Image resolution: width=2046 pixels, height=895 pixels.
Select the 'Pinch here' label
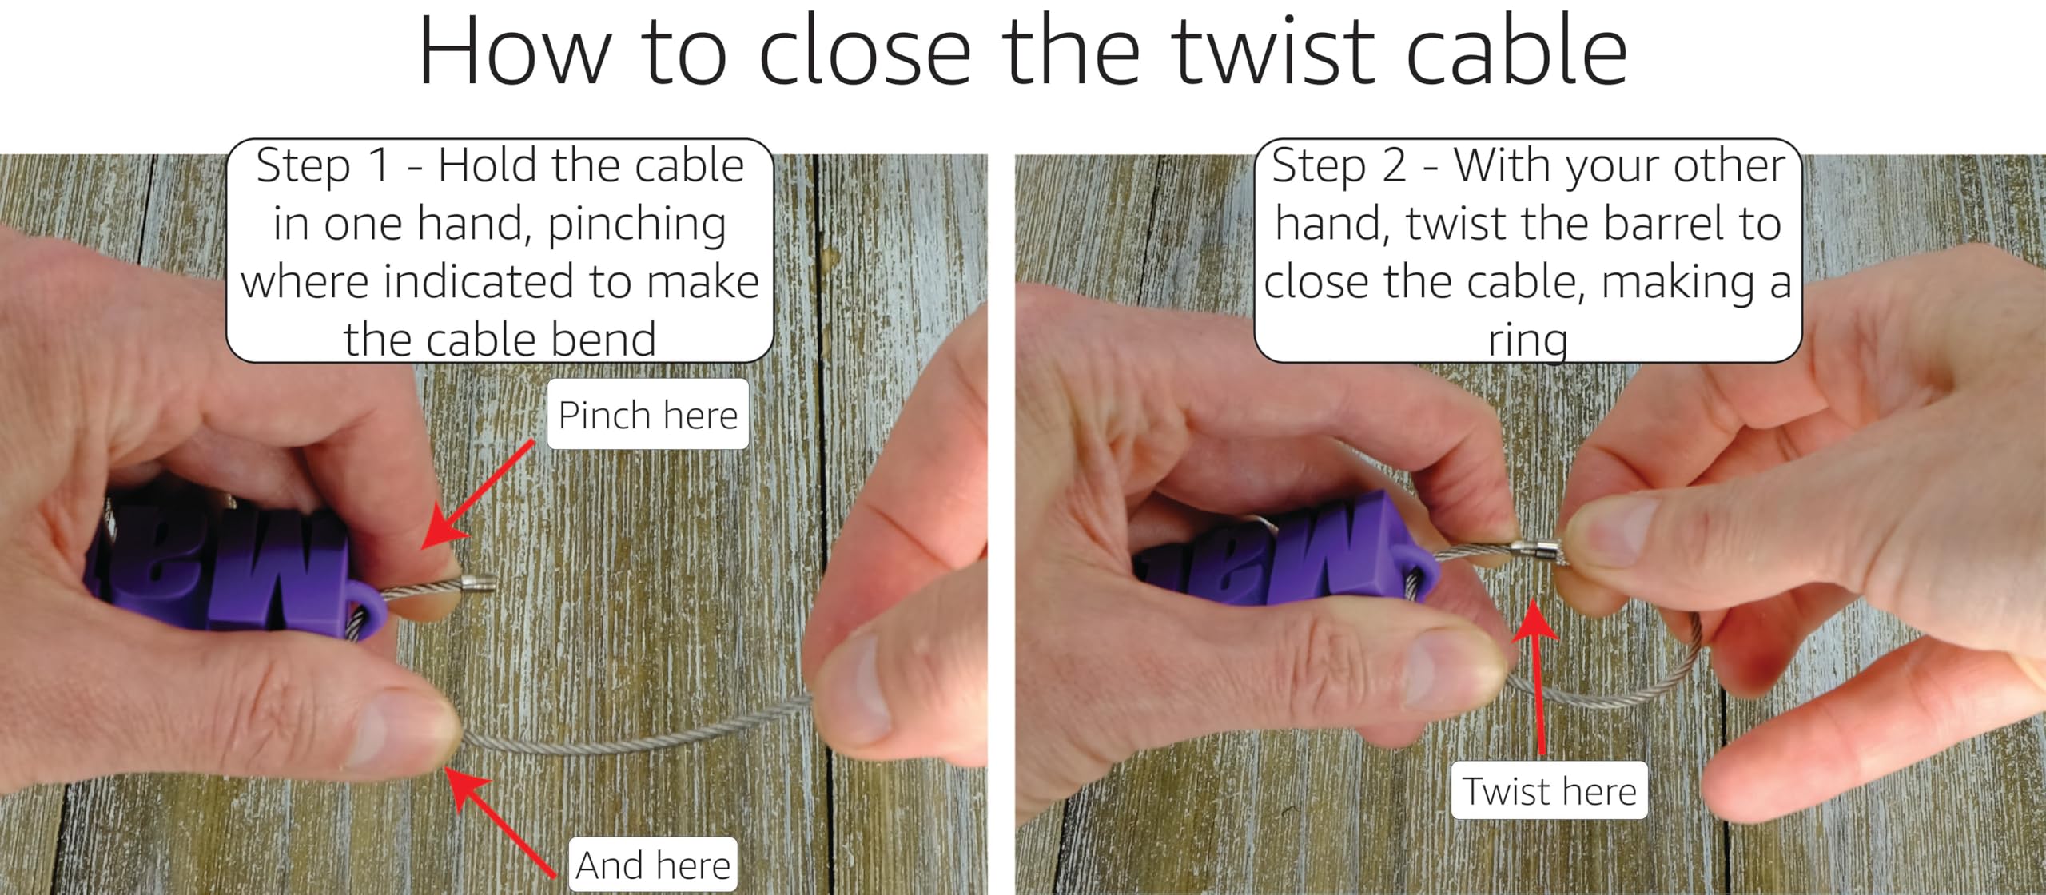click(647, 415)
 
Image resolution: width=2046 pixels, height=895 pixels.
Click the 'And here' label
click(653, 865)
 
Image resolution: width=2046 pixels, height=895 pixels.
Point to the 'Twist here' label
click(1550, 791)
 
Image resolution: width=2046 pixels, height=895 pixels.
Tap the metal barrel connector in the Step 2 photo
click(1538, 550)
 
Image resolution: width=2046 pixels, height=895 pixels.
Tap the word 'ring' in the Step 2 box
click(1528, 342)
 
